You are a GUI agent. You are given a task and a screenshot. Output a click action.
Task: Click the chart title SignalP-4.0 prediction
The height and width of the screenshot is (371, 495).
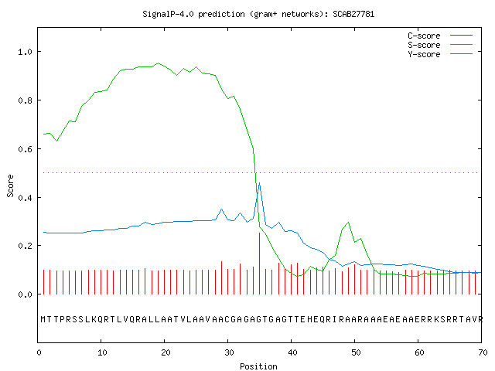point(258,14)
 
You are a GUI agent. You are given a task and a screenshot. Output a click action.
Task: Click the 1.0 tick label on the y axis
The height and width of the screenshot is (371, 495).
point(25,52)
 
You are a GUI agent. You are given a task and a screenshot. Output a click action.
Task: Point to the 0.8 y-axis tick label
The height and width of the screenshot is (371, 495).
point(25,100)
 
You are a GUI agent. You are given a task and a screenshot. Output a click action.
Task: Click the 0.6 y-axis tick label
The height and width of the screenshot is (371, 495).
point(25,149)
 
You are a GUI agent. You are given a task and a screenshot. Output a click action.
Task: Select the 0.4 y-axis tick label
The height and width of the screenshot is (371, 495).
point(25,198)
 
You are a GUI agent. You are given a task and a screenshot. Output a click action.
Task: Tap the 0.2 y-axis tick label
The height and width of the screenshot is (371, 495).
point(25,246)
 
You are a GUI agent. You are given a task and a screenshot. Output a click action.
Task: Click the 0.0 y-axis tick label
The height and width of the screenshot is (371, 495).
point(25,294)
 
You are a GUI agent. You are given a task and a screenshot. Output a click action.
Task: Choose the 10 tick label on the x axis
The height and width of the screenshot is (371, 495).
point(101,352)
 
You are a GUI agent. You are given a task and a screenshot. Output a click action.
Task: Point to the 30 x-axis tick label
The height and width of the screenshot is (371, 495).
point(229,352)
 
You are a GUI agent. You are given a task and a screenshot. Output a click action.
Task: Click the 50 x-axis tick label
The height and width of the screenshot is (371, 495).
point(356,352)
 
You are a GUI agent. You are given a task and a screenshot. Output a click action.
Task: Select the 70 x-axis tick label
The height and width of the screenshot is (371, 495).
point(483,352)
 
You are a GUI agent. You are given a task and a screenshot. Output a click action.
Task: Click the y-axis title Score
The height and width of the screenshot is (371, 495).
point(10,185)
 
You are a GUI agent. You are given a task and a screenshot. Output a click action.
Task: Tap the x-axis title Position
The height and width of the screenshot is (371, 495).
point(258,366)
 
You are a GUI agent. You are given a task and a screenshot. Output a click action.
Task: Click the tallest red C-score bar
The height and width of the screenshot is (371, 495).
point(260,264)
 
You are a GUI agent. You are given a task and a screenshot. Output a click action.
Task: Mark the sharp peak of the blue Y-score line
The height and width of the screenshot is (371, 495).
point(260,182)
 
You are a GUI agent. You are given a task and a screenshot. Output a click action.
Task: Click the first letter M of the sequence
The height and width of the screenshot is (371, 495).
point(43,319)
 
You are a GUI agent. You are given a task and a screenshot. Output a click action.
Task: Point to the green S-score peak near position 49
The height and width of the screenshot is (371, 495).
point(348,223)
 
